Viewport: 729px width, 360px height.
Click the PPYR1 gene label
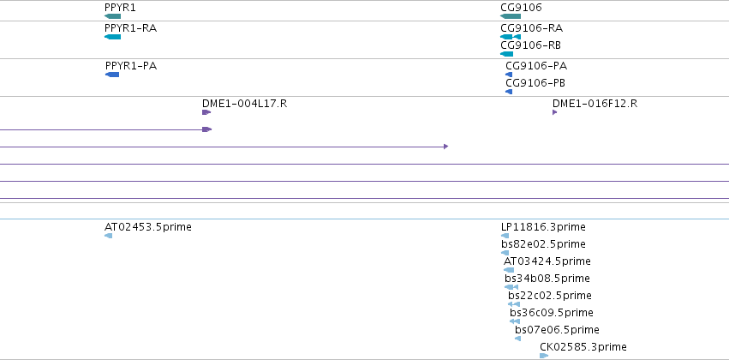[x=120, y=8]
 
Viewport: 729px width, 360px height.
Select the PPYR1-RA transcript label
[x=131, y=28]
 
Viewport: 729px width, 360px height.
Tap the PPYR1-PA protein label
[x=131, y=66]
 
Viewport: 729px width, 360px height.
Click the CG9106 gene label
[x=521, y=8]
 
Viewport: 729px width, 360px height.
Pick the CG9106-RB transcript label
[x=530, y=45]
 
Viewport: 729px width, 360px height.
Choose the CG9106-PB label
[x=535, y=83]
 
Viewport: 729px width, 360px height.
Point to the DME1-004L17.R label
[x=244, y=104]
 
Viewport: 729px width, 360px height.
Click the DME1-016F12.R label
[x=595, y=104]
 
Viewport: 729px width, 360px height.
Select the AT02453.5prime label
[x=148, y=227]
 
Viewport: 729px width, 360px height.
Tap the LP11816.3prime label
[x=543, y=227]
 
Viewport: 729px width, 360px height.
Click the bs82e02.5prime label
[x=543, y=244]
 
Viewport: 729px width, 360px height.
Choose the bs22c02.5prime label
[x=550, y=296]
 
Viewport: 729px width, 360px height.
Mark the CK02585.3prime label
[x=583, y=347]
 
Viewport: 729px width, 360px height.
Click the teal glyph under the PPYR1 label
[x=112, y=16]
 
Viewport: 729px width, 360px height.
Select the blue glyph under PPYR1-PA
[x=112, y=75]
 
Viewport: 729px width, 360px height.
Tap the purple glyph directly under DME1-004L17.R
[x=206, y=112]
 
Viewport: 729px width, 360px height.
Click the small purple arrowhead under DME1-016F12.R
[x=554, y=112]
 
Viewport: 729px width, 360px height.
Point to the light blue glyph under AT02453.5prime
[x=108, y=236]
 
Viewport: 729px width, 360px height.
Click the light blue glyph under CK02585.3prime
[x=544, y=356]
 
